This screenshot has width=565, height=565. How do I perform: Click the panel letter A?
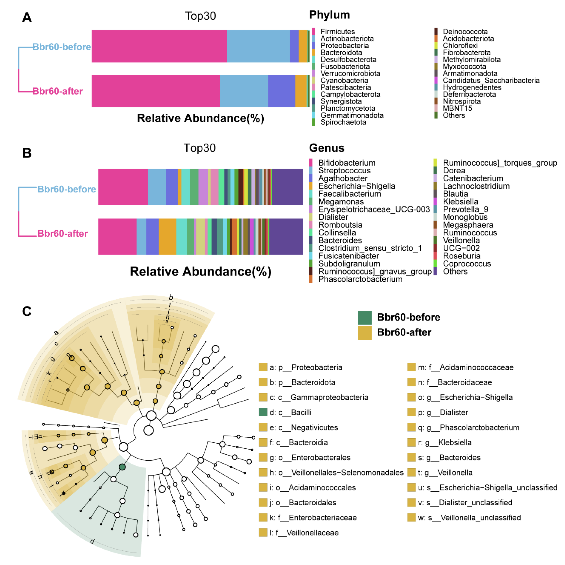(x=27, y=17)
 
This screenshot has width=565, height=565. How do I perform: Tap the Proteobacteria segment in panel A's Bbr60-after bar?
(x=281, y=91)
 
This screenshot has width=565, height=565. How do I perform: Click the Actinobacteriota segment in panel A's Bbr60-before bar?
(x=258, y=46)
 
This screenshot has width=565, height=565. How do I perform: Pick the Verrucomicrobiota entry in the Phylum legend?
(x=350, y=73)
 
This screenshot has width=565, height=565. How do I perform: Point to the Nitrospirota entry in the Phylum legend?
(x=462, y=101)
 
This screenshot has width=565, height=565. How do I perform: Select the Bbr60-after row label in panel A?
(x=58, y=91)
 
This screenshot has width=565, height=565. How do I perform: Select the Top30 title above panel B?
(x=199, y=148)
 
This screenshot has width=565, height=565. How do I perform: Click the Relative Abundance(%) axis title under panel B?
(x=201, y=271)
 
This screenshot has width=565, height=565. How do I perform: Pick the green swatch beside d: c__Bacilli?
(x=263, y=412)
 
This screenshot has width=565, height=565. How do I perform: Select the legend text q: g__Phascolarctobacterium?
(x=469, y=427)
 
